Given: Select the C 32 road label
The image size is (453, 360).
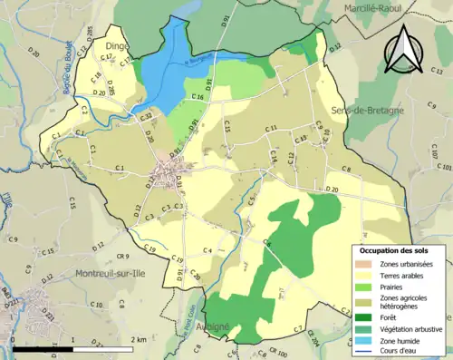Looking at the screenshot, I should pyautogui.click(x=145, y=116).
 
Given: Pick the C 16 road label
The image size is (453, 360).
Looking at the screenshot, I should pyautogui.click(x=197, y=95).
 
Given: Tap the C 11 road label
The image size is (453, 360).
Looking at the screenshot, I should pyautogui.click(x=271, y=129).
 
